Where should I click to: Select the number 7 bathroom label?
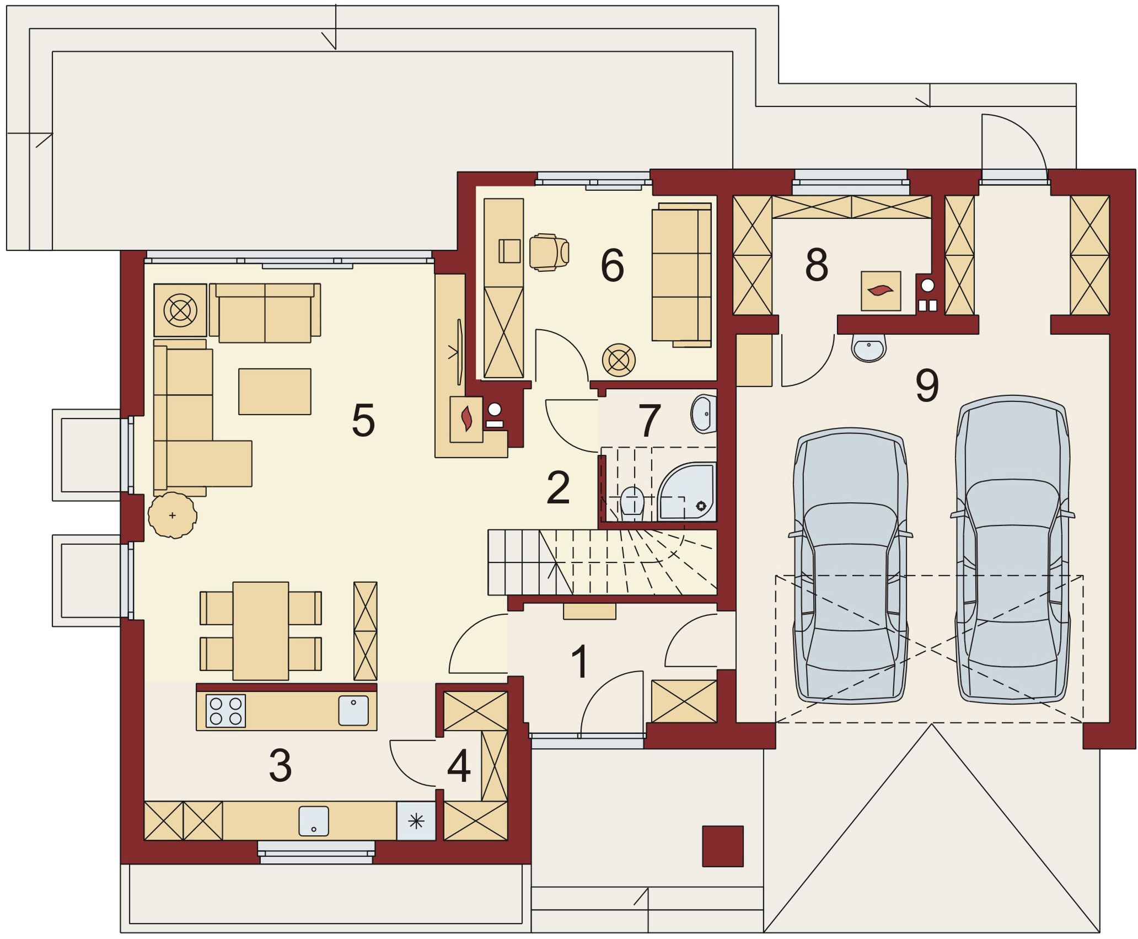coord(649,421)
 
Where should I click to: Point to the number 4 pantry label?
coord(459,766)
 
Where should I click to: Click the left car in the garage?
coord(850,566)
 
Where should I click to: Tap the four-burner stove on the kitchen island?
coord(226,711)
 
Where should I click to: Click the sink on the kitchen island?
coord(353,710)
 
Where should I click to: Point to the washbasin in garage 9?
coord(869,347)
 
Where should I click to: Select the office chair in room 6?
coord(549,252)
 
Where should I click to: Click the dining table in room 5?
coord(261,631)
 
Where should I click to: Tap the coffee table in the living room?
coord(275,391)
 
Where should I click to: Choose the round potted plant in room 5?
coord(173,515)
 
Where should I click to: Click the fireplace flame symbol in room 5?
coord(467,418)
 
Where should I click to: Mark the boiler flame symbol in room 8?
coord(881,290)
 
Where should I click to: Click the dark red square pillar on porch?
coord(723,846)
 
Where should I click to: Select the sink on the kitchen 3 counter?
coord(314,821)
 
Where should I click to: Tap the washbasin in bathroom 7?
coord(703,414)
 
